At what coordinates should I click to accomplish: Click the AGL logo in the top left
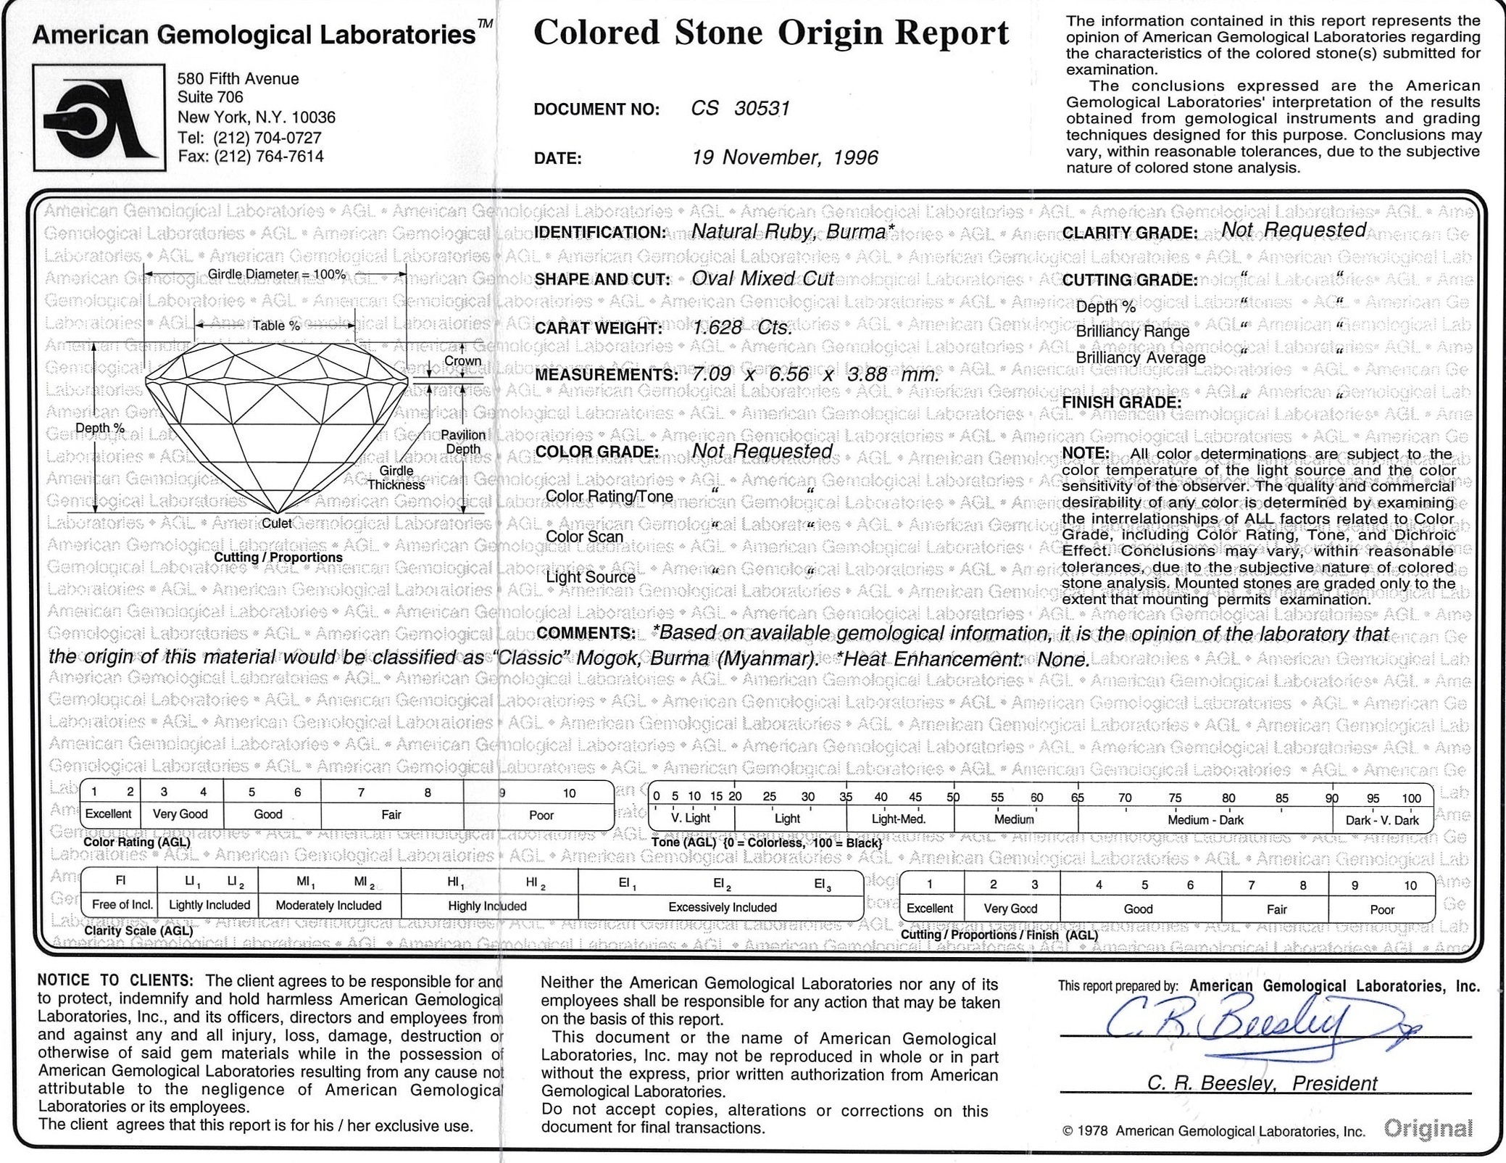pyautogui.click(x=99, y=118)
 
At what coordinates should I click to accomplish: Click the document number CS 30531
pyautogui.click(x=740, y=109)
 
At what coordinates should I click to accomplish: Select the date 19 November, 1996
pyautogui.click(x=784, y=157)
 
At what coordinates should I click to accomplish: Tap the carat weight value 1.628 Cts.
pyautogui.click(x=741, y=328)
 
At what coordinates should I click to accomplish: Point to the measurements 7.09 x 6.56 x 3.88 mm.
pyautogui.click(x=815, y=375)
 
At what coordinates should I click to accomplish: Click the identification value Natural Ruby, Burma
pyautogui.click(x=788, y=231)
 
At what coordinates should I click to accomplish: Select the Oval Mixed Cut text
pyautogui.click(x=762, y=279)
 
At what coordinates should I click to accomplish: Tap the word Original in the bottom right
pyautogui.click(x=1428, y=1128)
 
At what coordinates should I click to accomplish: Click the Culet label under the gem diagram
pyautogui.click(x=277, y=523)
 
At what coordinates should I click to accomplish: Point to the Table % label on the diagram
pyautogui.click(x=275, y=326)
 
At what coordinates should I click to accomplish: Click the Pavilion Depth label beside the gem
pyautogui.click(x=463, y=442)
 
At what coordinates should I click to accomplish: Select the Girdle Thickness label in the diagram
pyautogui.click(x=396, y=478)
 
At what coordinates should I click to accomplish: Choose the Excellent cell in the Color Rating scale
pyautogui.click(x=109, y=814)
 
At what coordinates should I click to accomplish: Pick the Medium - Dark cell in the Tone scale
pyautogui.click(x=1205, y=820)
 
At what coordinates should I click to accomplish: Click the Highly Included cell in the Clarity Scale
pyautogui.click(x=487, y=906)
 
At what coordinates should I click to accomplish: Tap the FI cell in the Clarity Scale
pyautogui.click(x=121, y=882)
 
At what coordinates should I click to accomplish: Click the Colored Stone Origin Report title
pyautogui.click(x=770, y=33)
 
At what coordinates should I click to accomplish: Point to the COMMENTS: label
pyautogui.click(x=585, y=633)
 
